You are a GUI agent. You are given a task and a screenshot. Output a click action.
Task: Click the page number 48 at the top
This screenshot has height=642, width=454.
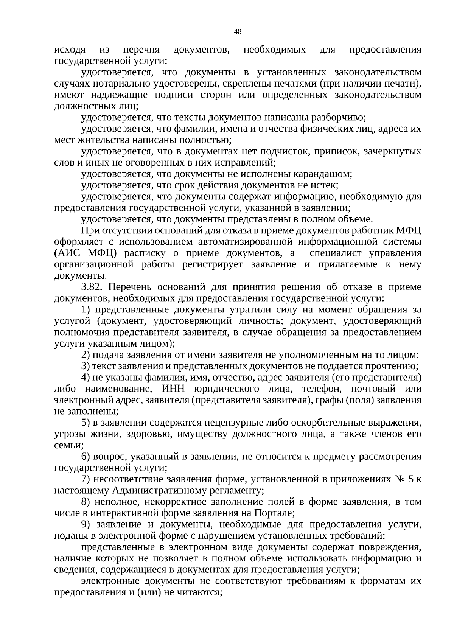pos(238,32)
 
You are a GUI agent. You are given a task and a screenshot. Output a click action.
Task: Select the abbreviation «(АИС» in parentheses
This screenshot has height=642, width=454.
pos(67,253)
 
